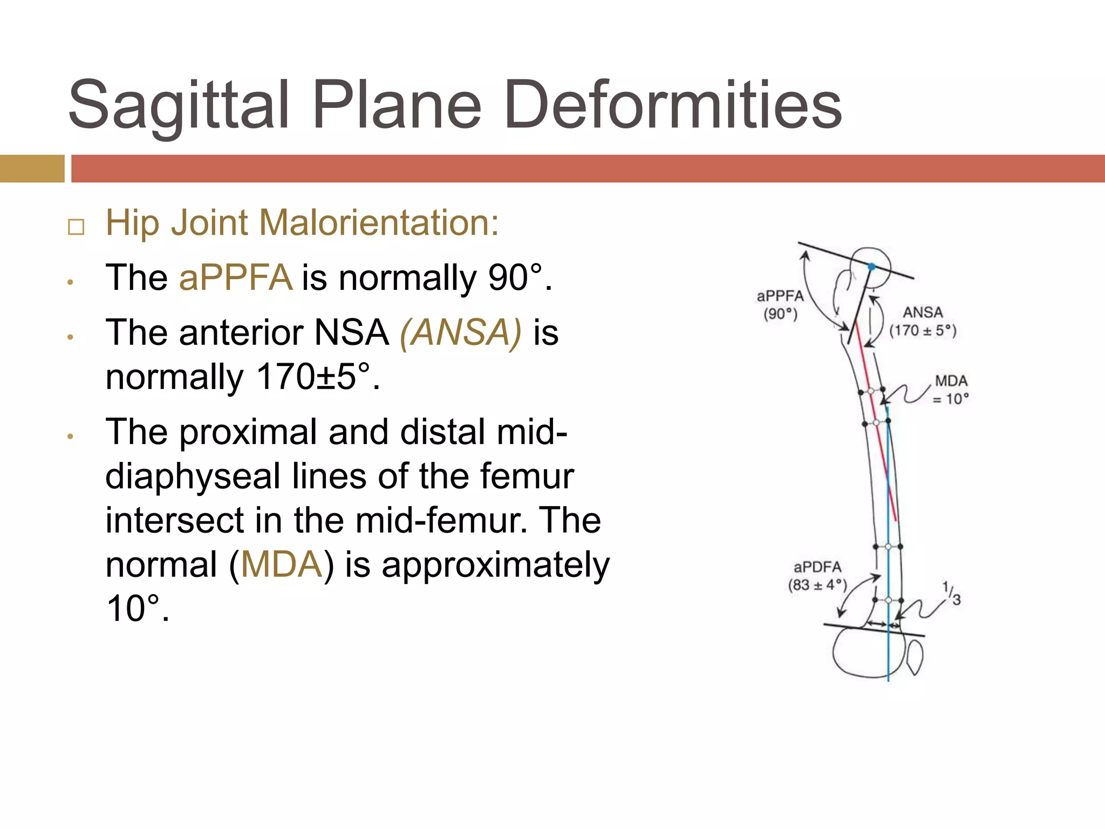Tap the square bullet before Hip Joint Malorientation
point(76,227)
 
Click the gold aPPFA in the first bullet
point(235,277)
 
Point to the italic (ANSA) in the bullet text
point(461,332)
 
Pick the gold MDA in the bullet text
point(281,565)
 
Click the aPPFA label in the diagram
point(780,296)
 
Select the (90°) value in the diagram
point(780,314)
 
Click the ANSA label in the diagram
point(923,312)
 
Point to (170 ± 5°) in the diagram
point(923,330)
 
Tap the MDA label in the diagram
point(951,380)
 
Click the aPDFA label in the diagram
point(817,567)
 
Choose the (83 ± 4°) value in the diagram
point(817,585)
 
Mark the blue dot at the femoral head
point(871,267)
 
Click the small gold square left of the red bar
point(32,168)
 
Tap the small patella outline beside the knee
point(915,657)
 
